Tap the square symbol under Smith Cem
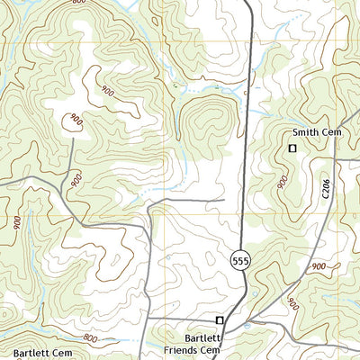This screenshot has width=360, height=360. pyautogui.click(x=292, y=148)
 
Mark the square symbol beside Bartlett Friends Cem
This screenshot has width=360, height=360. pyautogui.click(x=219, y=319)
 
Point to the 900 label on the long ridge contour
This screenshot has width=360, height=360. pyautogui.click(x=108, y=91)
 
